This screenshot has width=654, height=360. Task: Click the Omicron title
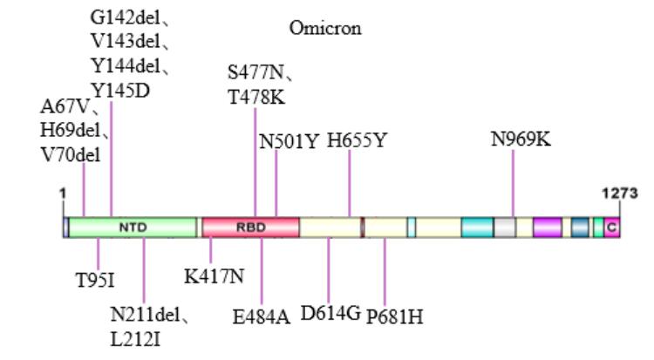(325, 29)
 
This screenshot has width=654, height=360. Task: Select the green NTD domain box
(133, 228)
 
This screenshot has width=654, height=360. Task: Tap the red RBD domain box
(250, 228)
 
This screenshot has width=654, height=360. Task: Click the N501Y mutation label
(289, 140)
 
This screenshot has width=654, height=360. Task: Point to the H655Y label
(356, 140)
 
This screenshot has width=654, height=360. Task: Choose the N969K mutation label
(521, 139)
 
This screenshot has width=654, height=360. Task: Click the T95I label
(99, 281)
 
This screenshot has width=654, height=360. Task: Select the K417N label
(214, 276)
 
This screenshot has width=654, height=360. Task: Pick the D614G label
(330, 314)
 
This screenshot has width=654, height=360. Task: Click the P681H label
(394, 316)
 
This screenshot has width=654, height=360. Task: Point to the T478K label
(256, 98)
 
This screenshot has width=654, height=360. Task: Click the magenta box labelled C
(612, 228)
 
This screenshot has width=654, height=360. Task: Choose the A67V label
(69, 107)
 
